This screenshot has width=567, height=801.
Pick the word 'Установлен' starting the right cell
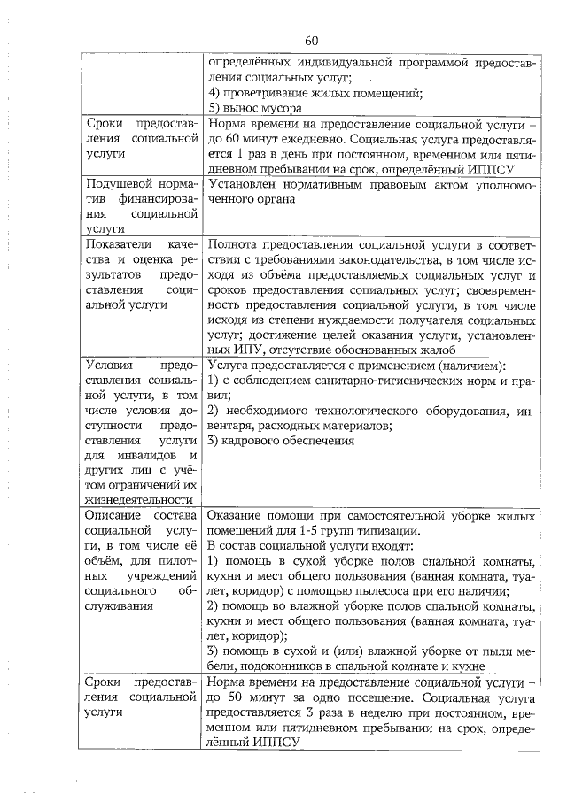pos(242,184)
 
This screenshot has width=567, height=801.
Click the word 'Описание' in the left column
pos(113,516)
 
